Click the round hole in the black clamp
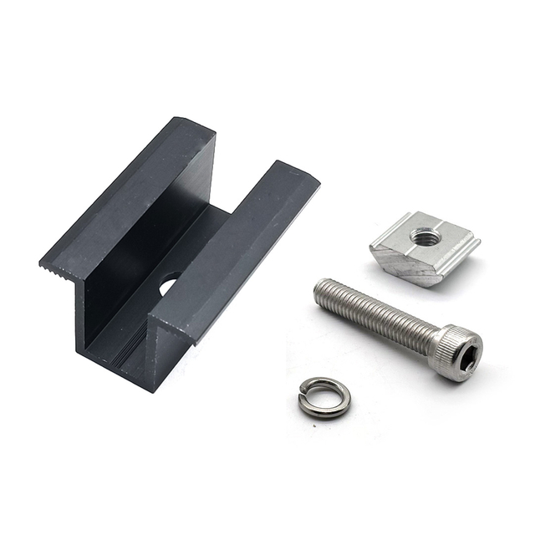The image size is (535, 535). pos(168,285)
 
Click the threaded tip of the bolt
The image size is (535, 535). pos(322,292)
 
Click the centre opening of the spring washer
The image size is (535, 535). pos(324,395)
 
